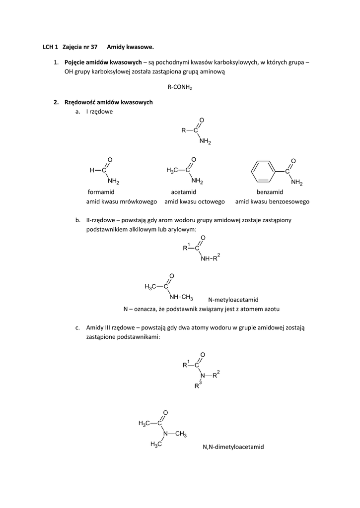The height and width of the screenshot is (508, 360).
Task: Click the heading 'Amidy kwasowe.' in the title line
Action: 130,47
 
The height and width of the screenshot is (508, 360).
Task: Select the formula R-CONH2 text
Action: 180,87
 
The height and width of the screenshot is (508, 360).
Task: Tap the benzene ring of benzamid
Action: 263,172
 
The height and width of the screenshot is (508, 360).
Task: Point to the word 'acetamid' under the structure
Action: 184,192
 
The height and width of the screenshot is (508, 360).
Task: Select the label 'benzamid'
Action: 270,192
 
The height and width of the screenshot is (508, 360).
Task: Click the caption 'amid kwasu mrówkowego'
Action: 122,202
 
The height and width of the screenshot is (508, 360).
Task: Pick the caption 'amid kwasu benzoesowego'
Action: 272,202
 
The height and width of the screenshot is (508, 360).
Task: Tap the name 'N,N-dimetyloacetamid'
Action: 233,447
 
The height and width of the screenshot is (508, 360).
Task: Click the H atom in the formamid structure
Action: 92,171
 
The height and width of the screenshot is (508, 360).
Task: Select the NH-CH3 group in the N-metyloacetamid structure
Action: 181,297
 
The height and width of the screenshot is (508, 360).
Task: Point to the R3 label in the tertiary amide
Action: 197,385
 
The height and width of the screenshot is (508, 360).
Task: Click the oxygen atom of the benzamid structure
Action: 293,161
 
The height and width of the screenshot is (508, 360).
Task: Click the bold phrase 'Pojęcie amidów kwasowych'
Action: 103,62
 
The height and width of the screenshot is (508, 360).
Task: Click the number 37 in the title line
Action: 93,47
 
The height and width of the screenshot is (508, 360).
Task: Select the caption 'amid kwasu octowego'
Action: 195,202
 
